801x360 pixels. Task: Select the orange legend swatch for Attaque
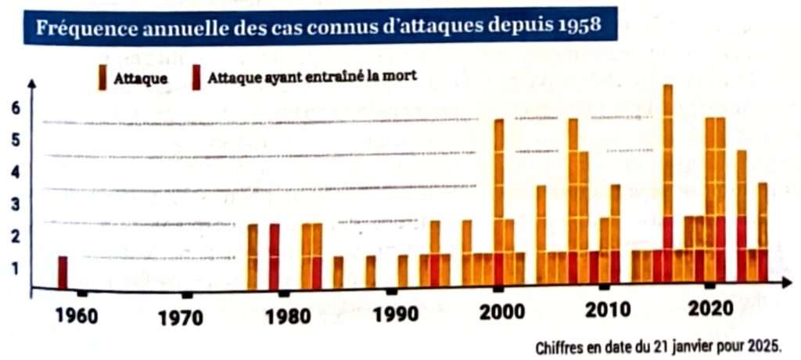pos(102,77)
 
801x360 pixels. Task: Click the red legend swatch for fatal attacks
pos(196,77)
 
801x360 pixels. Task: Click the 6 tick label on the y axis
pos(14,108)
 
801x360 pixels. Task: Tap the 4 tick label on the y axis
pos(14,172)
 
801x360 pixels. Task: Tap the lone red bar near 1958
pos(63,272)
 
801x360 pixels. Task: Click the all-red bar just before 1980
pos(274,256)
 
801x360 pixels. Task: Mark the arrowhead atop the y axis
pos(32,82)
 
